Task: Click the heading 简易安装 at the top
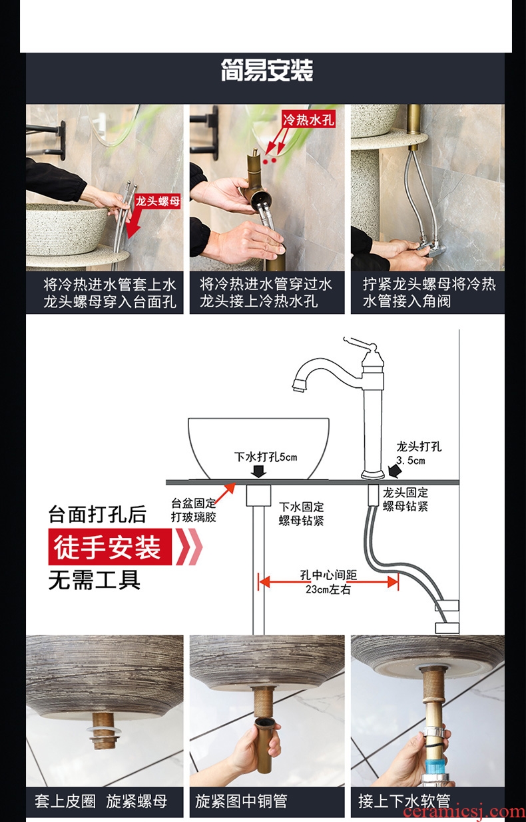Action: pyautogui.click(x=267, y=70)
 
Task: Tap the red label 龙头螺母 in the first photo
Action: pyautogui.click(x=158, y=201)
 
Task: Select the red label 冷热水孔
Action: pyautogui.click(x=309, y=119)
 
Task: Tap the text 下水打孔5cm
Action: pyautogui.click(x=266, y=457)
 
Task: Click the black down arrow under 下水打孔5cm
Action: pyautogui.click(x=259, y=471)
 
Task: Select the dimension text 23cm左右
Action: pyautogui.click(x=328, y=589)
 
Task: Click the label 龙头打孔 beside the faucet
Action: pyautogui.click(x=419, y=446)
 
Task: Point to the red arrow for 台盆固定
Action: pyautogui.click(x=224, y=494)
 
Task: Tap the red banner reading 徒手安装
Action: pyautogui.click(x=110, y=547)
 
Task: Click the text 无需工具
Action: pyautogui.click(x=94, y=580)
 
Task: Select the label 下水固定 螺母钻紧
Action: pyautogui.click(x=301, y=514)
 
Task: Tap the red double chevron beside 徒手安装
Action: pyautogui.click(x=189, y=547)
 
